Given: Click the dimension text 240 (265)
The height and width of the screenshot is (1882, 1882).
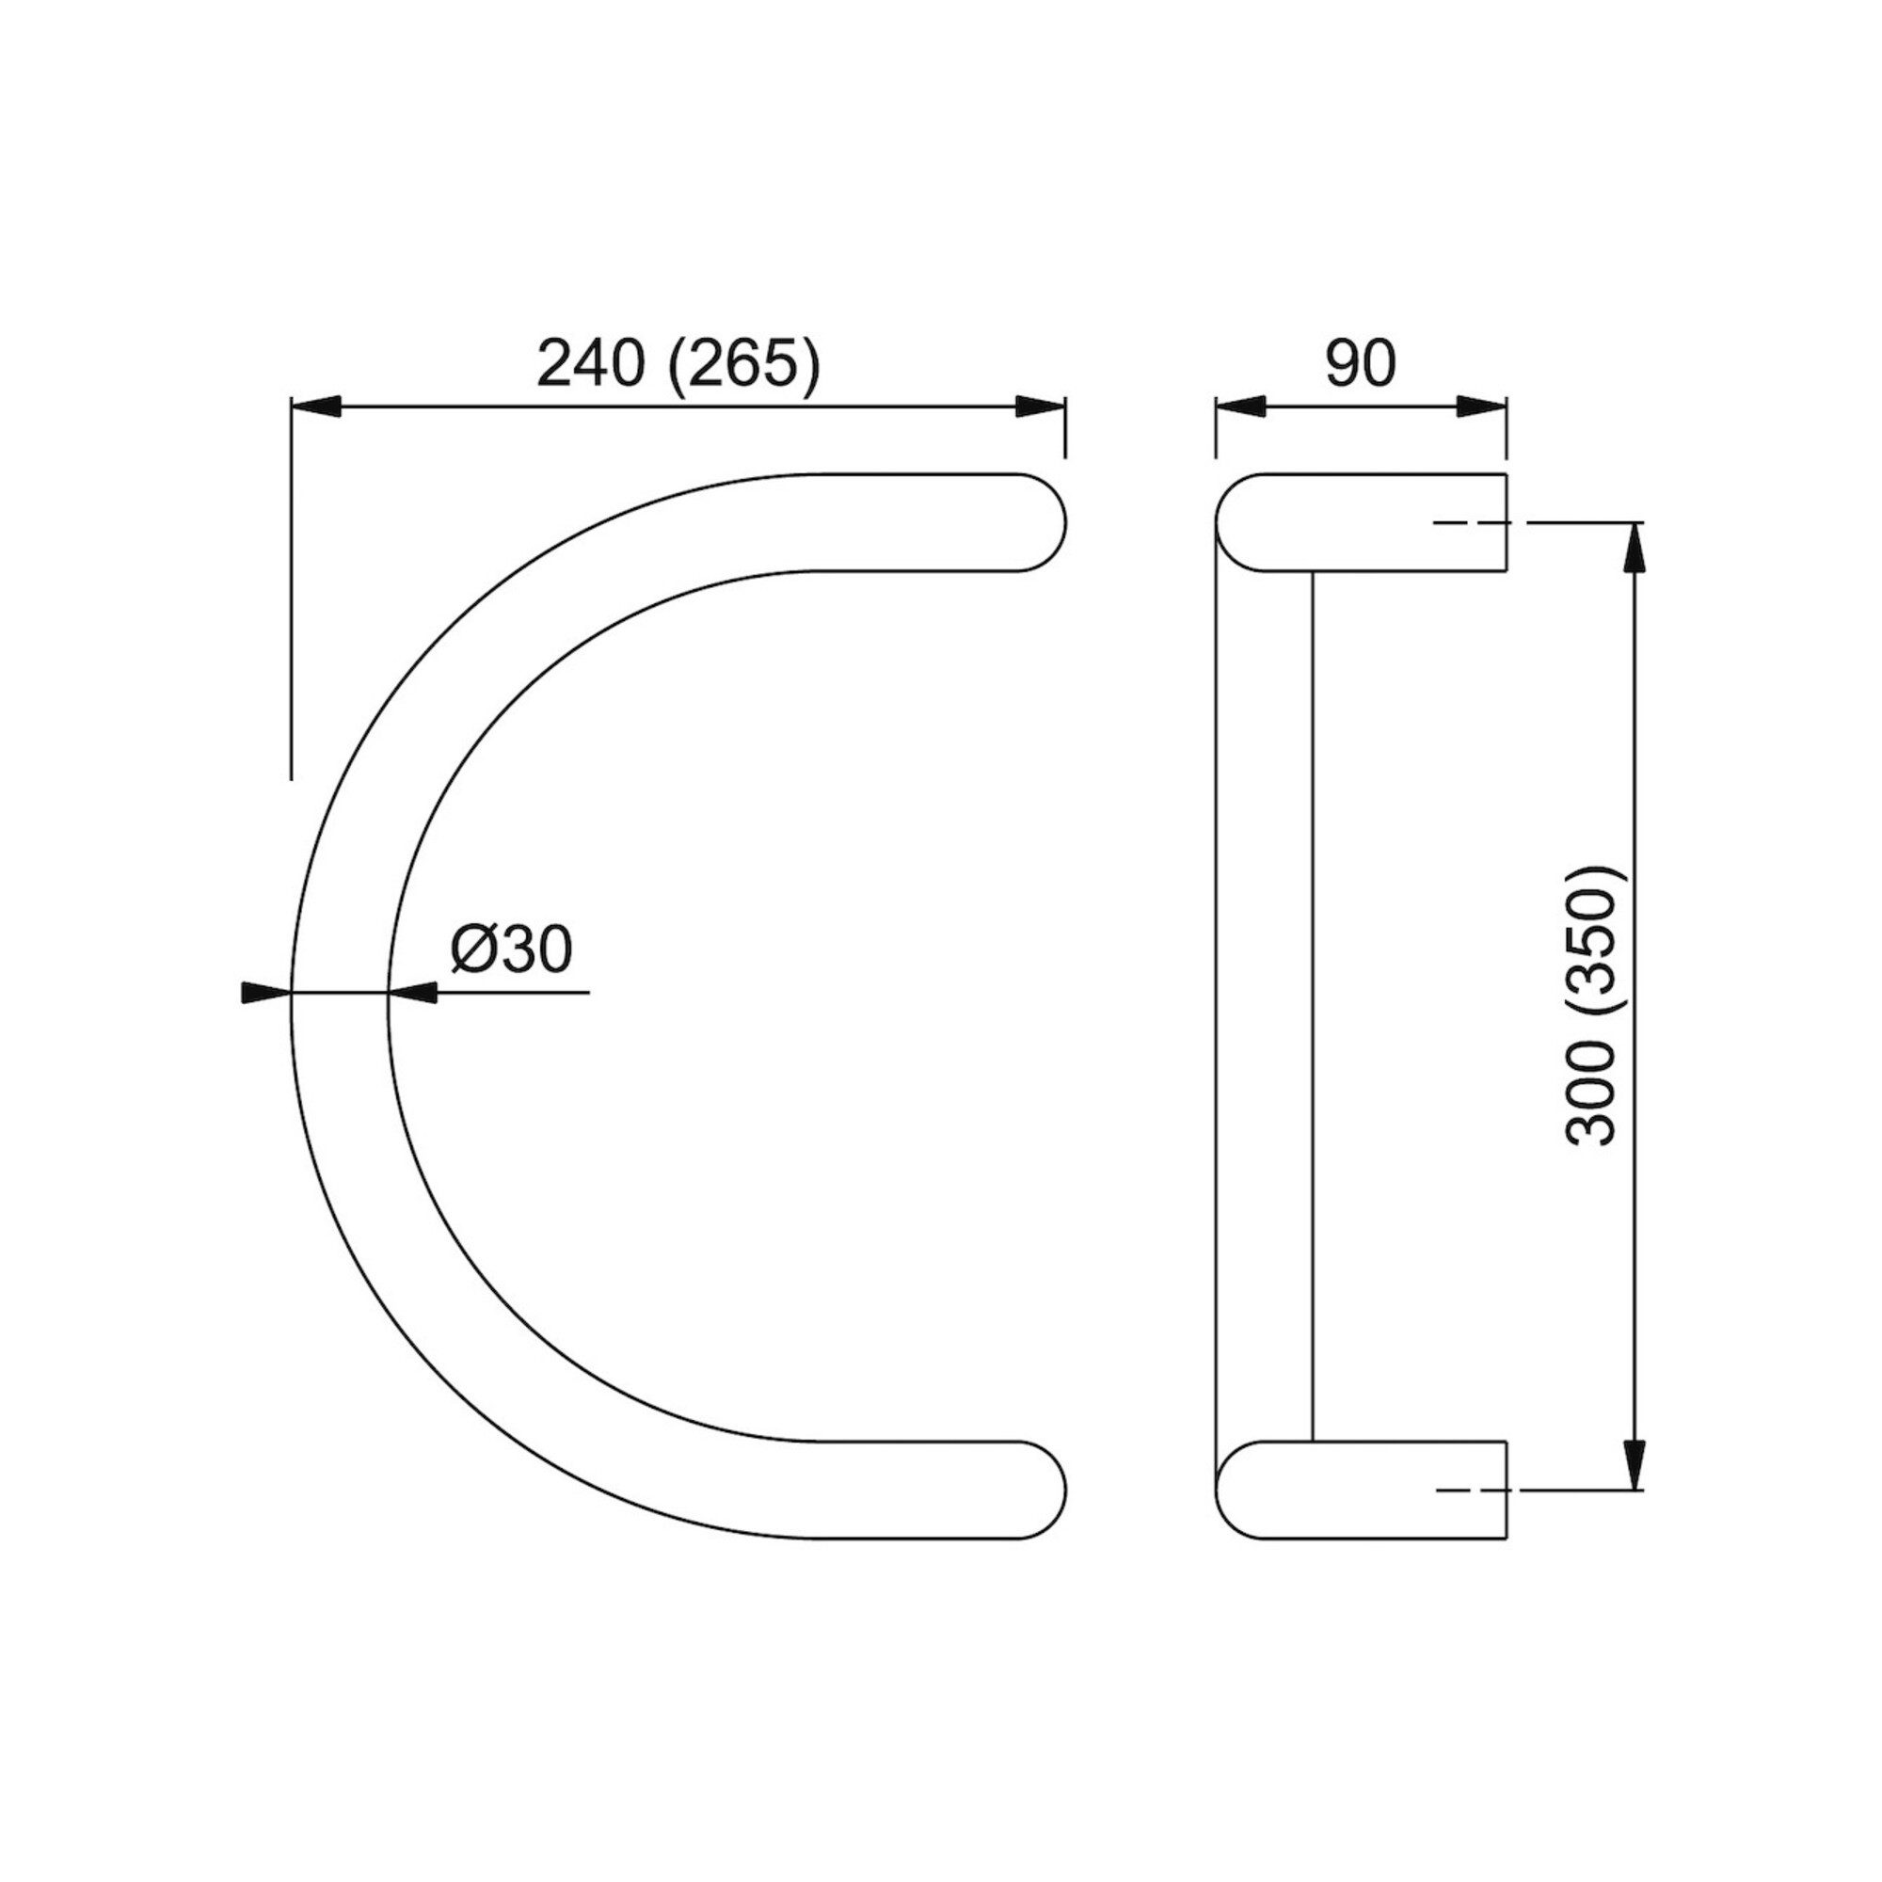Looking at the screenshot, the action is click(679, 365).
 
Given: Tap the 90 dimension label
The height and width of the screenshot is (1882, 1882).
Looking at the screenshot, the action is click(1360, 363).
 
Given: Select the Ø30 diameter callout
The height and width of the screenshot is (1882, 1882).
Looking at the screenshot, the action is click(510, 949).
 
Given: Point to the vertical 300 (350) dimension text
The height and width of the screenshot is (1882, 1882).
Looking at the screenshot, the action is click(1592, 1004).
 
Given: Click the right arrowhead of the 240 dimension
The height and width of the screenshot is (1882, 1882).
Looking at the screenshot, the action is click(1041, 407).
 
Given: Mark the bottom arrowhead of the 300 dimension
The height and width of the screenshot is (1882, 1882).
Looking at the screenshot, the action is click(1635, 1464).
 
